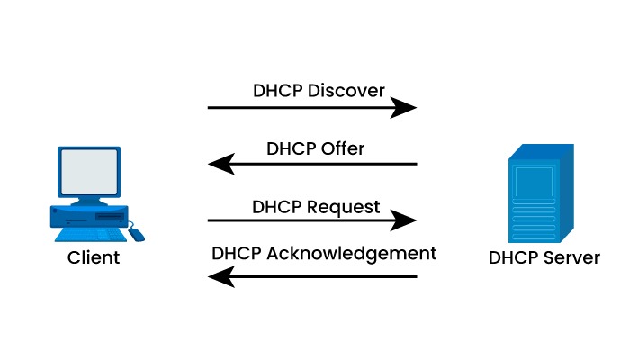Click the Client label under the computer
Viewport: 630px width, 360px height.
coord(94,258)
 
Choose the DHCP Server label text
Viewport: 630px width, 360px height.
coord(544,258)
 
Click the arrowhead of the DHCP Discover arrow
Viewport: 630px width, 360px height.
coord(408,108)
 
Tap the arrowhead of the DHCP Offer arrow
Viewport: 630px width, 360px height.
coord(219,164)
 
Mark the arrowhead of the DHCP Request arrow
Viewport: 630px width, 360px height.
coord(408,220)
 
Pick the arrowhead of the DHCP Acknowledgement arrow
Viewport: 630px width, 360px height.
coord(219,277)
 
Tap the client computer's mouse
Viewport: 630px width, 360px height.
coord(135,234)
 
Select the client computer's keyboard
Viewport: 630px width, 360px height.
coord(87,234)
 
